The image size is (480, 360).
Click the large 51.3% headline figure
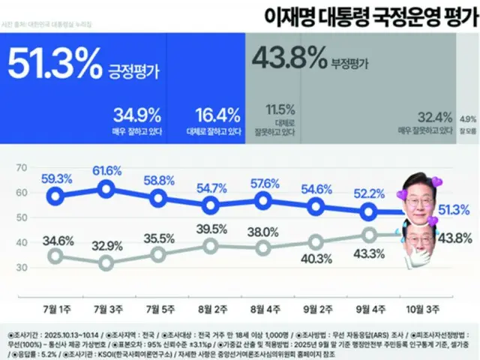pos(54,65)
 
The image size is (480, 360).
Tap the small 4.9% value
pos(466,118)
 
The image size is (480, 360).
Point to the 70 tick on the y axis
pos(21,167)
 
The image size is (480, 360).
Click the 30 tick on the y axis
pos(21,267)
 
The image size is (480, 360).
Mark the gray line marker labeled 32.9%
pos(106,262)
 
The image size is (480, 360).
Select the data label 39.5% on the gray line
pos(211,229)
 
